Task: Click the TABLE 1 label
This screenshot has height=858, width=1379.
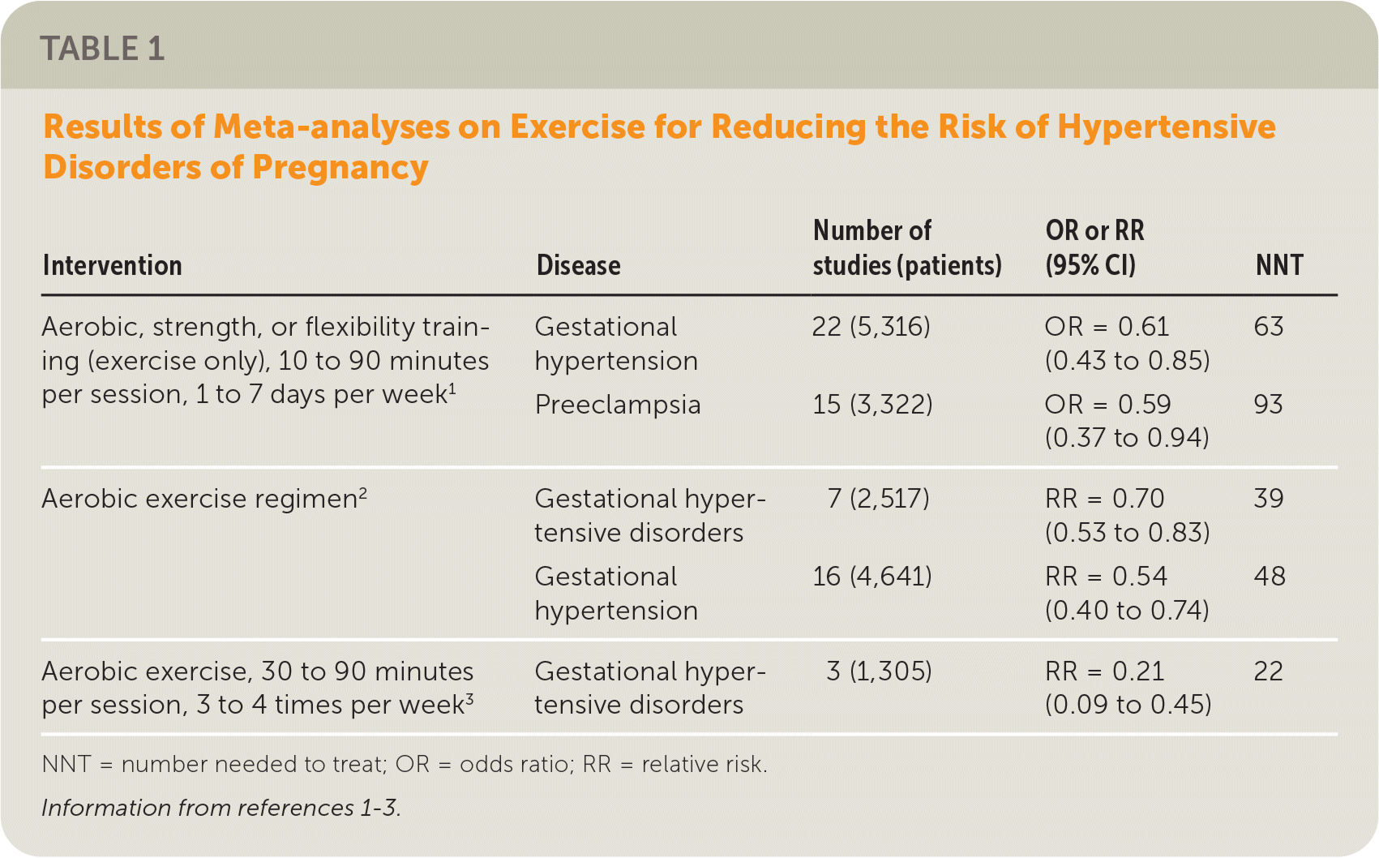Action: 102,49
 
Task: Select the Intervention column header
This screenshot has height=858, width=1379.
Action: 112,265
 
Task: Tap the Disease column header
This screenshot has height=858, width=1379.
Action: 578,265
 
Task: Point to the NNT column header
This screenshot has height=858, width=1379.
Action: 1278,265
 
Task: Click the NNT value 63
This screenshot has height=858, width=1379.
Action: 1268,327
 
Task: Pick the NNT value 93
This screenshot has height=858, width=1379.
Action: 1268,404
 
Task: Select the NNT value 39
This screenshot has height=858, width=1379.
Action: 1268,498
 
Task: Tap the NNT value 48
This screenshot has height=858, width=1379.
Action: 1269,576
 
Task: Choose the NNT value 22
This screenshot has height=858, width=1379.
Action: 1268,671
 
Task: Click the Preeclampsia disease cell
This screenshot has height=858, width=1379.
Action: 617,404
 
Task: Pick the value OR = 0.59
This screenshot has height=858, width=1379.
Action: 1107,404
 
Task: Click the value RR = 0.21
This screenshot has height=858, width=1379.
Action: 1104,671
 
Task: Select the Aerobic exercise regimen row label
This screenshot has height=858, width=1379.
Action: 203,498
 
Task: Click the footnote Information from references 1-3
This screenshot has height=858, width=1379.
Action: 221,808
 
